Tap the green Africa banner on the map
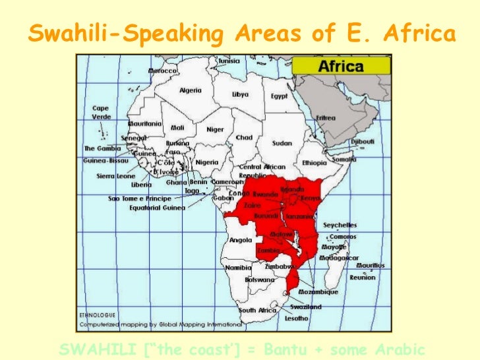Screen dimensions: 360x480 coord(340,66)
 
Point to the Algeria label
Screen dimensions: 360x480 coord(191,90)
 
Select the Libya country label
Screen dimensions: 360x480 coord(240,94)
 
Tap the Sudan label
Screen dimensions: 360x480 coord(282,142)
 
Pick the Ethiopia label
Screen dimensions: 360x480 coord(315,162)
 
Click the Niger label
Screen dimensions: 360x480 coord(215,129)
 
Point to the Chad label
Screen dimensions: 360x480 coord(244,137)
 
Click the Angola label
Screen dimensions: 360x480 coord(240,240)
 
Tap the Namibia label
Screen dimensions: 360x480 coord(237,268)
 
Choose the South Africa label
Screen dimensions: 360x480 coord(256,310)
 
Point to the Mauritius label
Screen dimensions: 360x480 coord(371,265)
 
